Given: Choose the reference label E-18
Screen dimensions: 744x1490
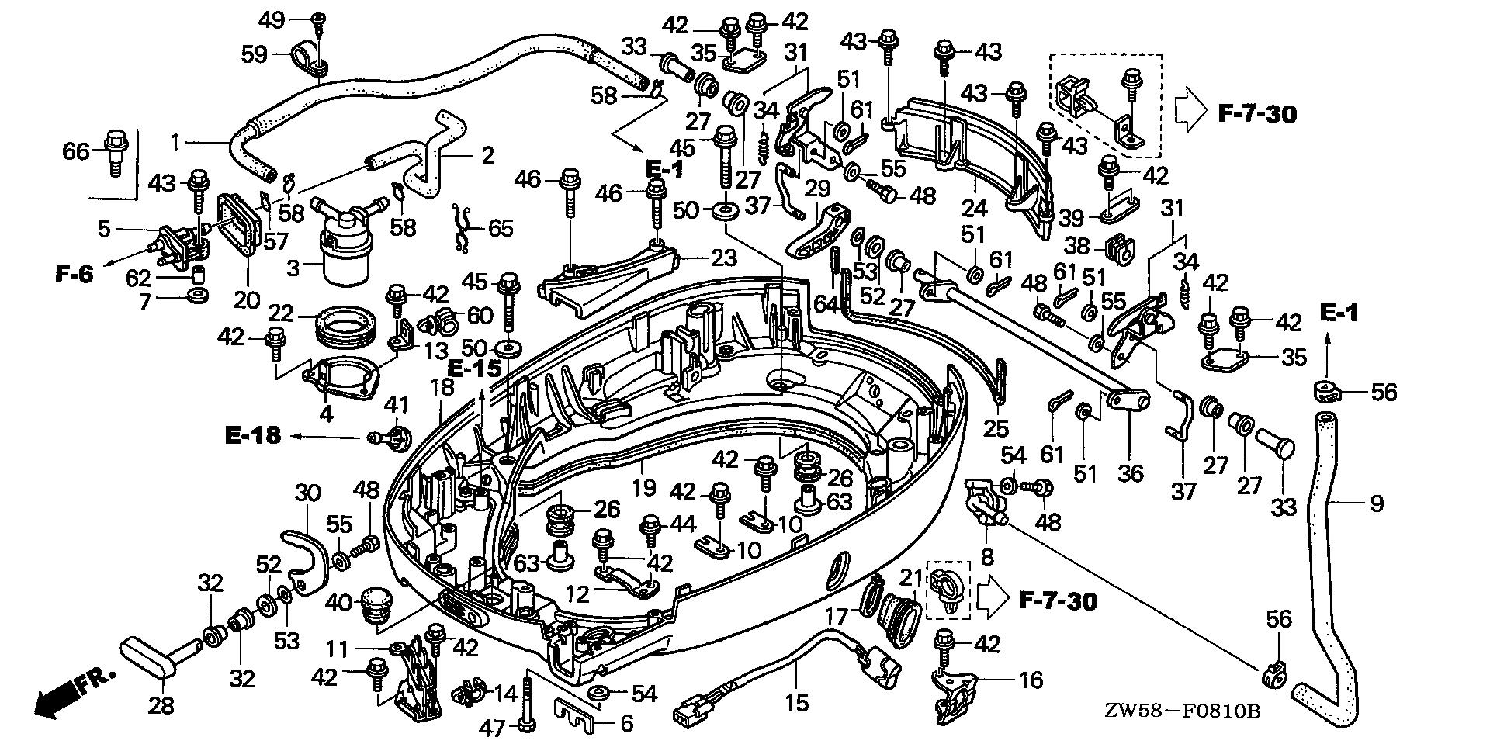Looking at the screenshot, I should click(x=252, y=436).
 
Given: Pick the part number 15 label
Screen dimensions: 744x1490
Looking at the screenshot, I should click(x=797, y=703).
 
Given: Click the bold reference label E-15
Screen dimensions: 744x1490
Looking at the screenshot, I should click(x=476, y=369).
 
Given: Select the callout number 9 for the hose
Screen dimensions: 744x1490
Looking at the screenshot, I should click(x=1376, y=504).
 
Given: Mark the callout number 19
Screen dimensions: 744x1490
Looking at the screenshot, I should click(x=644, y=487).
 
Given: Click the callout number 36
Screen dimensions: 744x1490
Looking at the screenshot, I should click(x=1130, y=472).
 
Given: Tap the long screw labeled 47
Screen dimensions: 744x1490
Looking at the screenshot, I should click(x=528, y=698).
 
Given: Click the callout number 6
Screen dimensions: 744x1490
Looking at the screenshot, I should click(x=625, y=725).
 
